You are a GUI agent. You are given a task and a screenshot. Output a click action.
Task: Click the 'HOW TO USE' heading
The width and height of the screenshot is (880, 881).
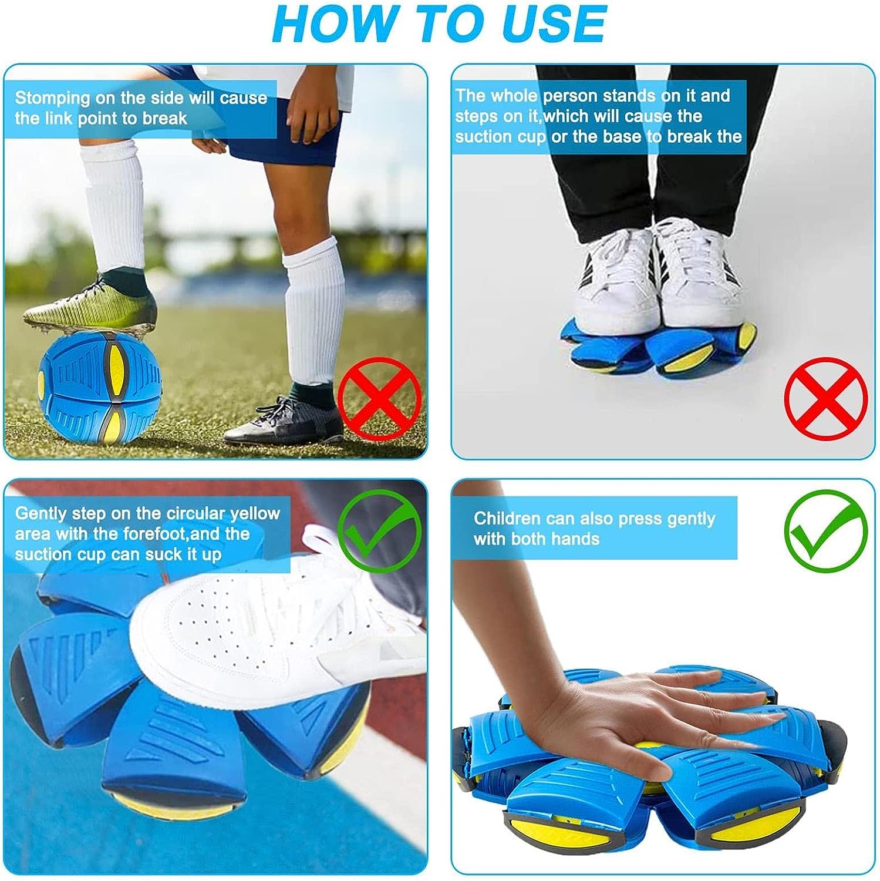point(439,23)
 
